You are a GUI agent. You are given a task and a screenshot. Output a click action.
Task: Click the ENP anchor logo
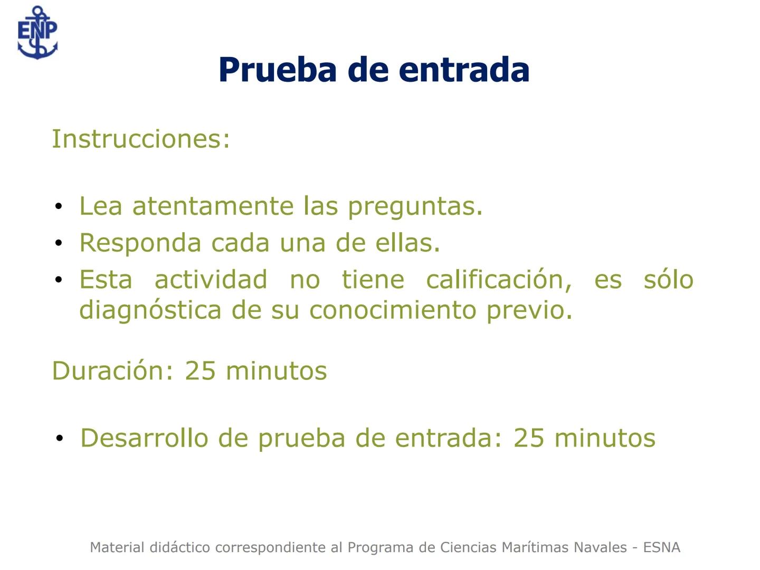click(37, 33)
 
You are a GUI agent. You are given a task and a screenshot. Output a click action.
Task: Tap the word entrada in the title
click(464, 70)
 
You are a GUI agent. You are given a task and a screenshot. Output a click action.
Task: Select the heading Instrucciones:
click(141, 139)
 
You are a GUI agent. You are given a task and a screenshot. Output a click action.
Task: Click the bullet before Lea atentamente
click(59, 206)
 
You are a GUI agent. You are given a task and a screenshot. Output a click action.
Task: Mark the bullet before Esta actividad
click(59, 280)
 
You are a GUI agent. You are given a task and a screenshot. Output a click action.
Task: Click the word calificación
click(499, 280)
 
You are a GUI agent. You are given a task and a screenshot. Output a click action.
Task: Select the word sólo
click(668, 280)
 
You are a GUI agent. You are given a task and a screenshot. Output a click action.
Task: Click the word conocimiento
click(393, 310)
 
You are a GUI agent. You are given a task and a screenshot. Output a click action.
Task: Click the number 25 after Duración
click(200, 370)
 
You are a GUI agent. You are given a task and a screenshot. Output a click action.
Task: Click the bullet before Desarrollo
click(60, 439)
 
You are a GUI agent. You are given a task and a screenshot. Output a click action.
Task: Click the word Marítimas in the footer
click(534, 547)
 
